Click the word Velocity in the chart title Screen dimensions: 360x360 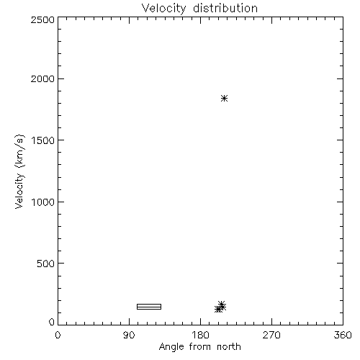(x=164, y=9)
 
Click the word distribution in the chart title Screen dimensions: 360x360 (x=225, y=8)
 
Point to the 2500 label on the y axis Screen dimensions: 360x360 (x=42, y=19)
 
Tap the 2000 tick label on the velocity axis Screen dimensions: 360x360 (x=42, y=78)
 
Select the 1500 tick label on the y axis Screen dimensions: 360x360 (x=43, y=140)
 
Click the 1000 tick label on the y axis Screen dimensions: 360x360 (x=43, y=202)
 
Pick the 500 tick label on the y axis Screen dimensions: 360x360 (x=46, y=264)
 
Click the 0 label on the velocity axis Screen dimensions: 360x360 (x=52, y=322)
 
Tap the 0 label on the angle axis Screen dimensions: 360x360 (x=58, y=335)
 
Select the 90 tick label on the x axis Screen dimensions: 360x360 (x=129, y=335)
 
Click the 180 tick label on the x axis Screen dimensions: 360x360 (x=200, y=335)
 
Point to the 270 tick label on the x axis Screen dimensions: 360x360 (x=271, y=335)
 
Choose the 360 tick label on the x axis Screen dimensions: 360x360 (x=343, y=335)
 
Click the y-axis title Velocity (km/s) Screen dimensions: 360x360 (x=19, y=171)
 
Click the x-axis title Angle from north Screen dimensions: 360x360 (x=200, y=347)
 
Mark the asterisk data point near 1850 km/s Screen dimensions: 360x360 (x=224, y=98)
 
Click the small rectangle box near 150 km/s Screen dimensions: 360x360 (x=149, y=307)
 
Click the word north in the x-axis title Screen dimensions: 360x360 (x=229, y=346)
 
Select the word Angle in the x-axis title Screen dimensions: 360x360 (x=171, y=347)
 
